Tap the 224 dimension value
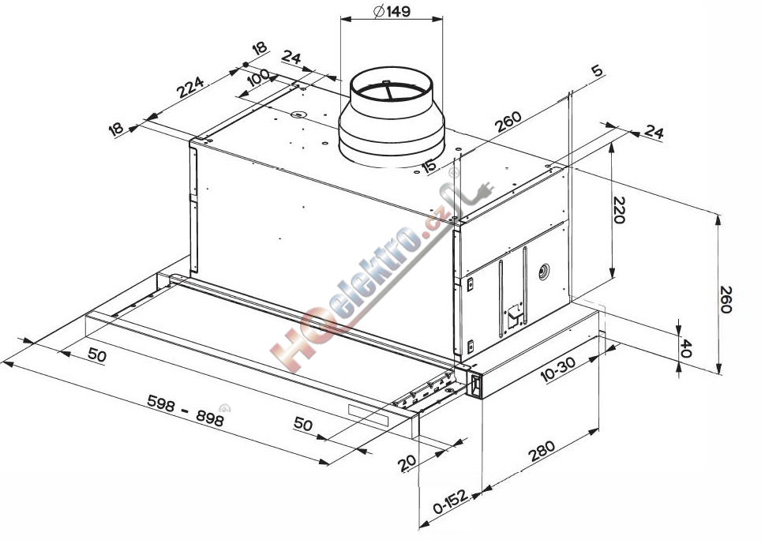[x=189, y=88]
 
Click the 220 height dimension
[x=619, y=210]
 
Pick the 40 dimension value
[x=685, y=348]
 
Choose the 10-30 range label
[x=558, y=369]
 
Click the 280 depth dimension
[x=542, y=451]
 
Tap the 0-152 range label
[x=450, y=501]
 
